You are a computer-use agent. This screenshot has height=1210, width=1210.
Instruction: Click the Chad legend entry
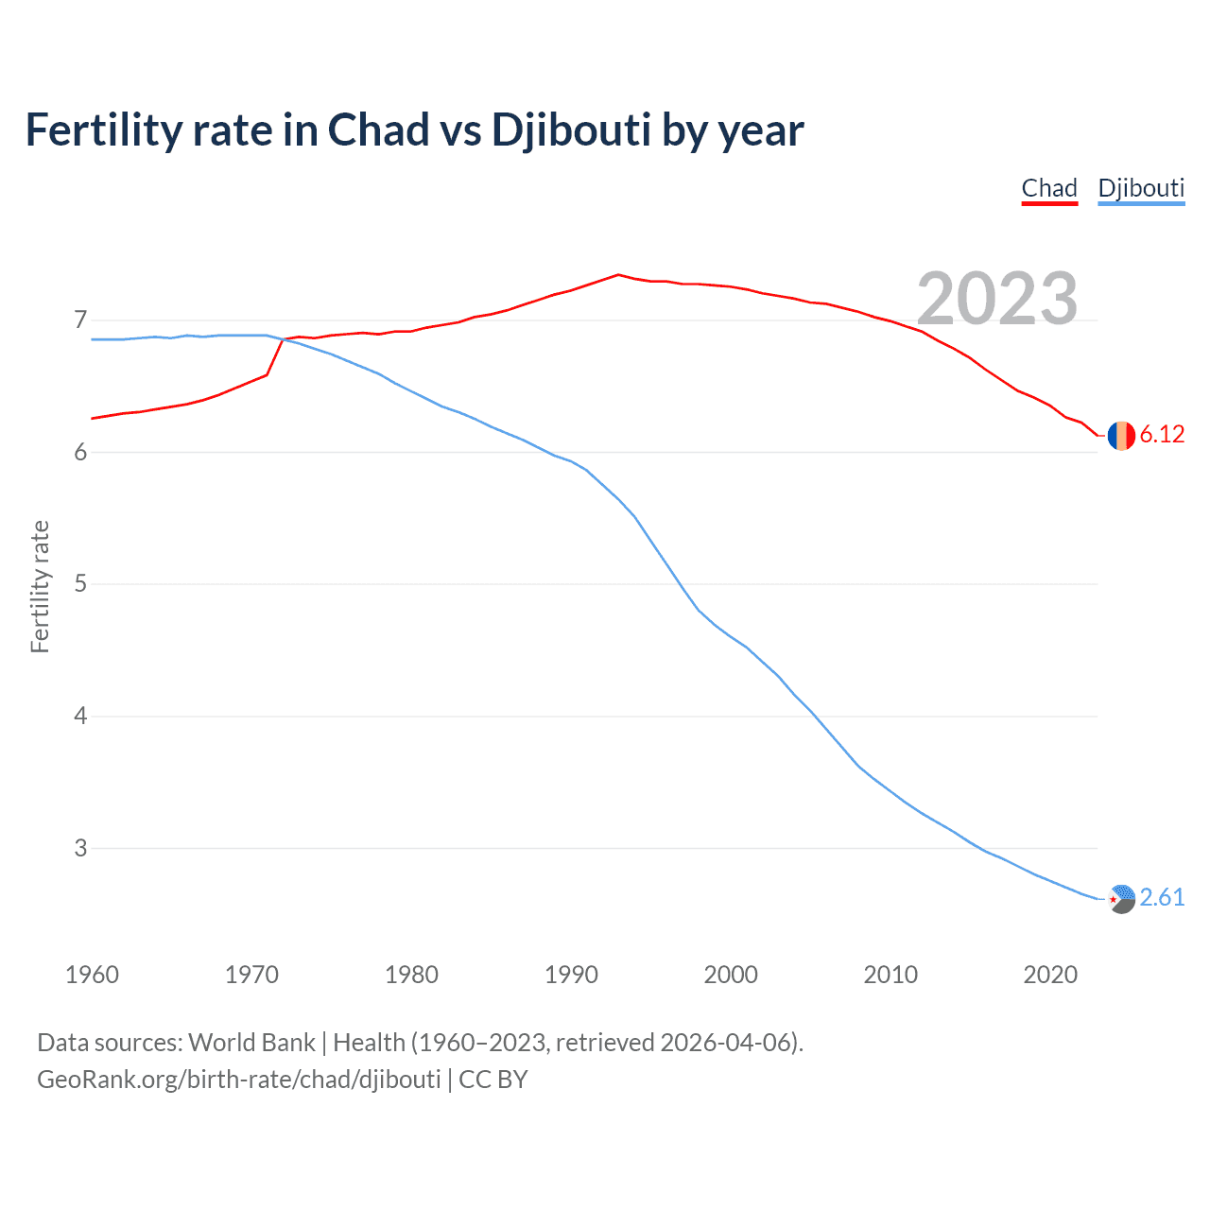tap(1049, 188)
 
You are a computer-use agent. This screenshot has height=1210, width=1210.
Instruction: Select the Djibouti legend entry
tap(1141, 188)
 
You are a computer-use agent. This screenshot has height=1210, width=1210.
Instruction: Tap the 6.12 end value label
tap(1162, 434)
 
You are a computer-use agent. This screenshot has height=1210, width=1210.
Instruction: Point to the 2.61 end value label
tap(1162, 897)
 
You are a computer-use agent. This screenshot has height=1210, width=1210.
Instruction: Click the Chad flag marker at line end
tap(1121, 435)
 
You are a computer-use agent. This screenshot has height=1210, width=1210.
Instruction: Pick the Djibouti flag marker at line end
tap(1121, 899)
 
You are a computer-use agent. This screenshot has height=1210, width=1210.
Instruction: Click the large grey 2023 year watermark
tap(997, 299)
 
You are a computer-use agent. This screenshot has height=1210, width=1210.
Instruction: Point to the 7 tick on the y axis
tap(80, 320)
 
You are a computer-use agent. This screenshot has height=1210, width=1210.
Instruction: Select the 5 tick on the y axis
tap(80, 584)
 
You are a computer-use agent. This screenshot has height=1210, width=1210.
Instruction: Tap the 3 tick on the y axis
tap(80, 848)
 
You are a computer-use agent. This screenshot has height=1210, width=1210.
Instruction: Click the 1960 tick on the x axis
tap(92, 975)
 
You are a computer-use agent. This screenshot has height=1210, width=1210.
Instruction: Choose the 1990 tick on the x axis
tap(571, 975)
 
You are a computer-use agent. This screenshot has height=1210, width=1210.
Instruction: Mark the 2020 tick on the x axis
tap(1050, 975)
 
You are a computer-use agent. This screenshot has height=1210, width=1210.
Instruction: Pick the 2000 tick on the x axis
tap(731, 975)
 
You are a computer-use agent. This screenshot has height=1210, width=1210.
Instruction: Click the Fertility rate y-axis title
tap(40, 586)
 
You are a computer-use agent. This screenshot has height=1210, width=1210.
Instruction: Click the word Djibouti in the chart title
tap(571, 130)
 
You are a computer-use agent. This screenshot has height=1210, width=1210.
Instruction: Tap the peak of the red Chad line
tap(618, 275)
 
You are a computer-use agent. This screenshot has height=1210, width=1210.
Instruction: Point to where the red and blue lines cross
tap(283, 339)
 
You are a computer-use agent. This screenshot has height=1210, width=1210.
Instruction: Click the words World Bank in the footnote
tap(251, 1042)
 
